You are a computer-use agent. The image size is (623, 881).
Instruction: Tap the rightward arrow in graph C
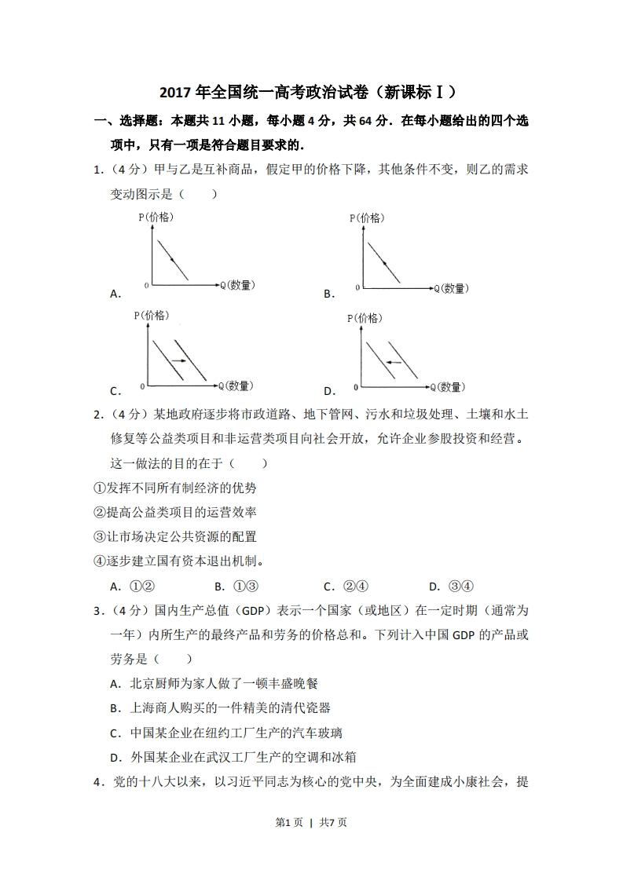[178, 360]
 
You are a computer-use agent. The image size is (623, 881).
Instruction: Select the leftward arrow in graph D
[394, 362]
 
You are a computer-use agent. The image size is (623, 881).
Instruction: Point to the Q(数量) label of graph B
[450, 289]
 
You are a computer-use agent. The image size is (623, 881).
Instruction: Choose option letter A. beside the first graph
[115, 294]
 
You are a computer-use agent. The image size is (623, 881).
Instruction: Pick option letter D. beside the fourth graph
[329, 390]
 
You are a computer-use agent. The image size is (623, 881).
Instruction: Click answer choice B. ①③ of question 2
[236, 586]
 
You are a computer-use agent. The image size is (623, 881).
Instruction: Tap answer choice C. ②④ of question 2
[346, 586]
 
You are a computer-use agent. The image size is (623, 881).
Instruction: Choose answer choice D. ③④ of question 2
[451, 586]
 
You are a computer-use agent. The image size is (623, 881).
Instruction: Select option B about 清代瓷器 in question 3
[220, 708]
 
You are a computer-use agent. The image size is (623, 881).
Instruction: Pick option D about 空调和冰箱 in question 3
[233, 757]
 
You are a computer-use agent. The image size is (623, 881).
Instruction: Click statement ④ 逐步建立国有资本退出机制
[178, 561]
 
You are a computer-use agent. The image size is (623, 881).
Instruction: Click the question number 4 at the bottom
[97, 782]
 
